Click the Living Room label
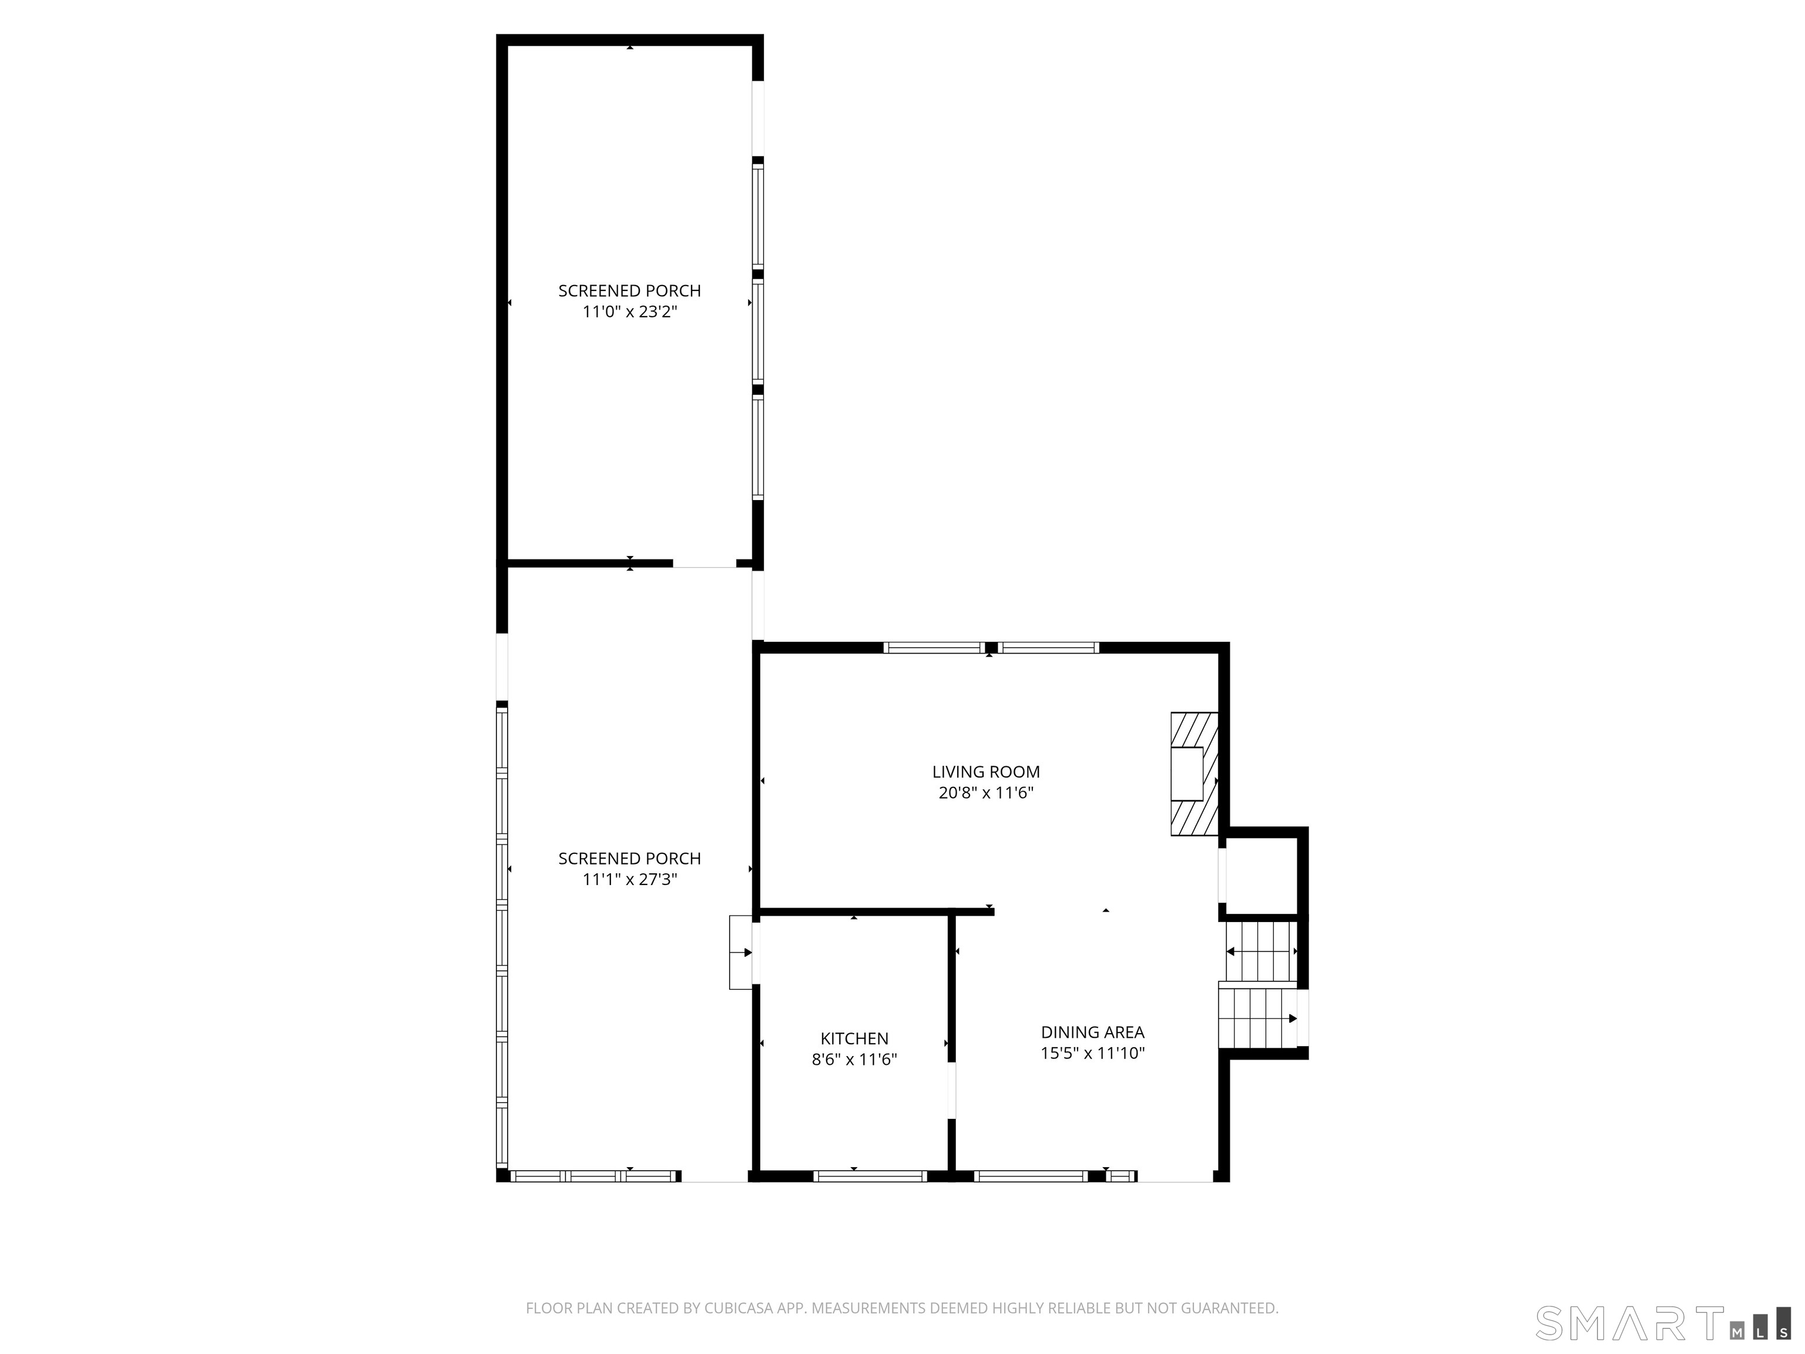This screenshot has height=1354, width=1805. point(986,771)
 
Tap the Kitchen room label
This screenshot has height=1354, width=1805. point(854,1038)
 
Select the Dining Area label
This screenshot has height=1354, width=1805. point(1092,1031)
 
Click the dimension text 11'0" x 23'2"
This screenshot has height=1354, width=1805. point(629,312)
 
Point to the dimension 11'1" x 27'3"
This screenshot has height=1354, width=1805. point(629,879)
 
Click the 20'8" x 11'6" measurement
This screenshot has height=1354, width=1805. point(986,793)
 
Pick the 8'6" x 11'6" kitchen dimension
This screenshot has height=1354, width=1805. point(854,1060)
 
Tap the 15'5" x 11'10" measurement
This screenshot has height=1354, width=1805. point(1092,1053)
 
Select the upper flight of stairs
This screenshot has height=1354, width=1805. point(1261,951)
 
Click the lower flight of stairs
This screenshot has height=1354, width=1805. point(1257,1018)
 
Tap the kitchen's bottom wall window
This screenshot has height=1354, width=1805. point(870,1176)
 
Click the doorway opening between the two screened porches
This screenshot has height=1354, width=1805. point(704,563)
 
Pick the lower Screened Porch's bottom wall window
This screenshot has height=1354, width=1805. point(594,1176)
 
